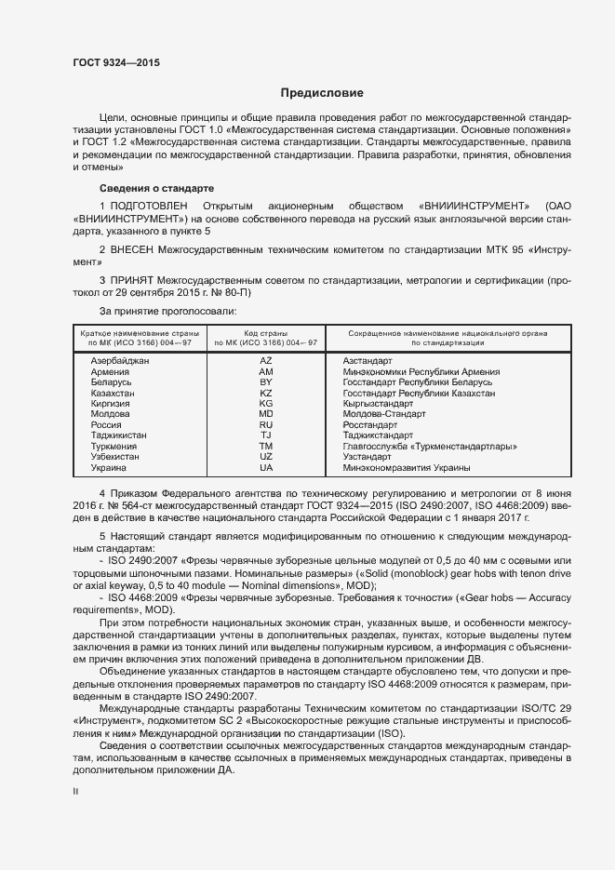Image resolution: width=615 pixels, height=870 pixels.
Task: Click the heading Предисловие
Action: tap(323, 93)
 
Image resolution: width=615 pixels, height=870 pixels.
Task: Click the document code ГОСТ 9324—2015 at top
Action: tap(115, 62)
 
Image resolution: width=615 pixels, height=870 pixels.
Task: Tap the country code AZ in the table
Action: tap(265, 360)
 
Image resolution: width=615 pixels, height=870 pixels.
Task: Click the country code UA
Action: tap(265, 468)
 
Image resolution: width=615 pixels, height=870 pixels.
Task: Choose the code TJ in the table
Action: tap(265, 435)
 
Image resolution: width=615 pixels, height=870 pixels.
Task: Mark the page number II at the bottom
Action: tap(76, 792)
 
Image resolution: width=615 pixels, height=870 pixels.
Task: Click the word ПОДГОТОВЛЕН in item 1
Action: tap(150, 205)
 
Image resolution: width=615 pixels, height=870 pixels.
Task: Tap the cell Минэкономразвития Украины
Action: tap(406, 468)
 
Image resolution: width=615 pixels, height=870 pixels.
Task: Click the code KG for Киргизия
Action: tap(265, 404)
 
